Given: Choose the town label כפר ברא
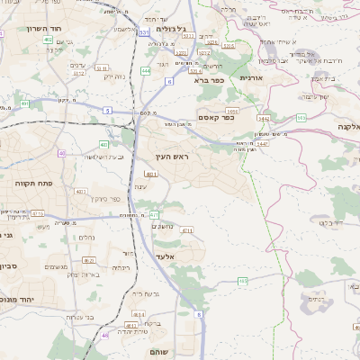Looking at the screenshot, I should [x=207, y=80].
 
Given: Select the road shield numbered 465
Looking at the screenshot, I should [x=243, y=282].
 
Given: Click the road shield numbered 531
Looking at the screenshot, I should [x=144, y=33].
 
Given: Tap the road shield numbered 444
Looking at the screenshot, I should [x=146, y=68].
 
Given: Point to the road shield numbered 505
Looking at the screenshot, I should [x=301, y=118].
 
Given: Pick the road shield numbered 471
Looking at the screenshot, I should [x=154, y=215].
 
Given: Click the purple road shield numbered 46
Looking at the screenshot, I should [x=104, y=335].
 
